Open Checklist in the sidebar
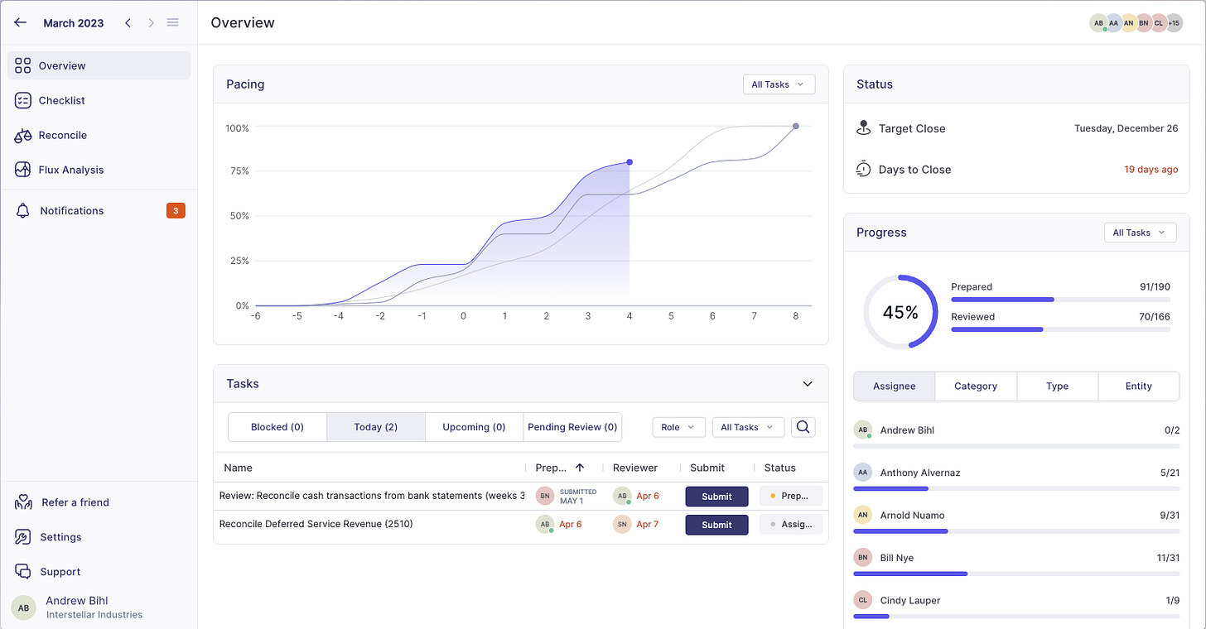pos(61,100)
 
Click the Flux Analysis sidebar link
pos(70,170)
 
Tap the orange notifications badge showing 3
pos(176,211)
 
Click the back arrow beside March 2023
pos(21,23)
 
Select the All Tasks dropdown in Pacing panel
pos(778,84)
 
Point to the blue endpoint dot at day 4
pos(630,162)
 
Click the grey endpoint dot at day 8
pos(796,127)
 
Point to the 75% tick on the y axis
pos(239,171)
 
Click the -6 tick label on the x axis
pos(256,316)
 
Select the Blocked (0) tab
pos(277,427)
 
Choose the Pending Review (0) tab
pos(572,427)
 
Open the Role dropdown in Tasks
pos(678,427)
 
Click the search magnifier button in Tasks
pos(803,427)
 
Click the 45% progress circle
pos(900,313)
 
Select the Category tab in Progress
pos(976,387)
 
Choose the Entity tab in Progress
pos(1138,387)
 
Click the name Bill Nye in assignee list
pos(897,558)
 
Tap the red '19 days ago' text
pos(1151,170)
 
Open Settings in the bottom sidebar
pos(60,537)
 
